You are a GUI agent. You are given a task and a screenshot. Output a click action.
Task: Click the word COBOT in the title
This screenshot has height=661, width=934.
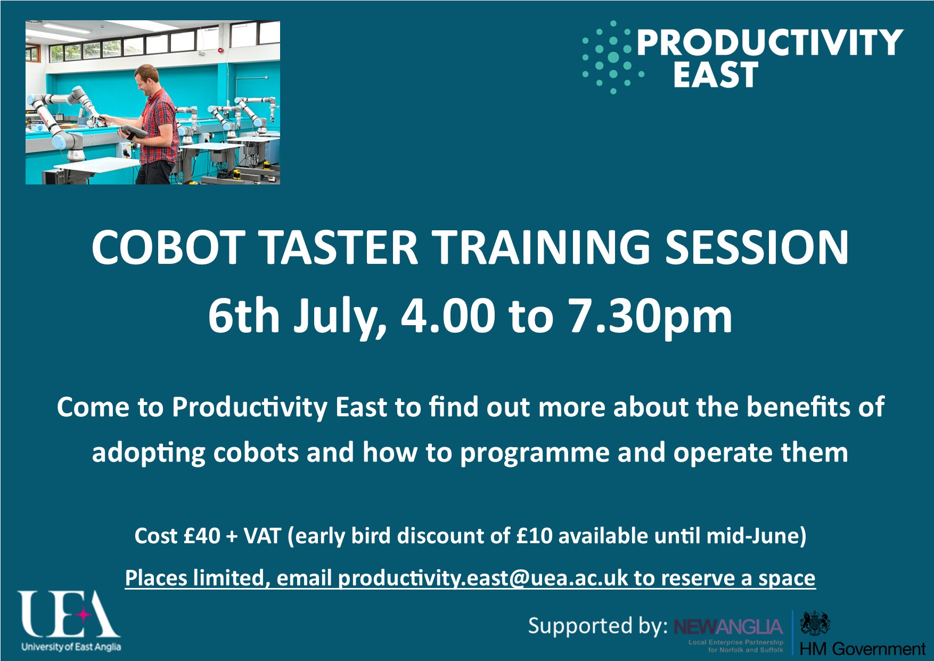pos(167,247)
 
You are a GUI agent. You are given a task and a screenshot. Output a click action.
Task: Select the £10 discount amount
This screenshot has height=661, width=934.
pos(535,536)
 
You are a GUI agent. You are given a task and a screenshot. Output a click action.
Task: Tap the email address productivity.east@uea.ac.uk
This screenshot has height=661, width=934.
pos(482,578)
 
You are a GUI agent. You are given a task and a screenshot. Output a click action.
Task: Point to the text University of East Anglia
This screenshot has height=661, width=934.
pos(71,647)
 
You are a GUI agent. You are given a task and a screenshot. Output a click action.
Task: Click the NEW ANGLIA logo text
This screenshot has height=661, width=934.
pos(728,627)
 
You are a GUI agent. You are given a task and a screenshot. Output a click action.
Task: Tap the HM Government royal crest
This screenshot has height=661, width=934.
pos(815,623)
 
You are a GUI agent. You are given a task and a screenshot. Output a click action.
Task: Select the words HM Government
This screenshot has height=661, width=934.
pos(862,649)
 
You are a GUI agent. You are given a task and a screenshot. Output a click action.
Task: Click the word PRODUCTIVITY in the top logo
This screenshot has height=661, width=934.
pos(770,42)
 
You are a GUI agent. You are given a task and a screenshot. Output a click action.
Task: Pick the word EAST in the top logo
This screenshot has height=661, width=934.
pos(715,75)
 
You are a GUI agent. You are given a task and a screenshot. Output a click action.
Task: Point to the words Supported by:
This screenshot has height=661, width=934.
pos(597,626)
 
